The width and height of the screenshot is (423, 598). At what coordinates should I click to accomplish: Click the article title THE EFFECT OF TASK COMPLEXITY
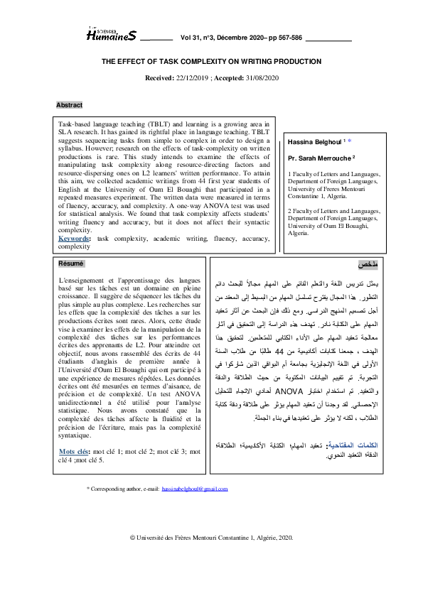click(211, 62)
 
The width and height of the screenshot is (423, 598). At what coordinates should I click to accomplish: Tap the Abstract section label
click(69, 105)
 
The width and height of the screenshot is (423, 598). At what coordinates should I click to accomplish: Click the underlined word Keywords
click(74, 239)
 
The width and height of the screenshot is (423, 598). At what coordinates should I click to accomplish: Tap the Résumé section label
click(70, 263)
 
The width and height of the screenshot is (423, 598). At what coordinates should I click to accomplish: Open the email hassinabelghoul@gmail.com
click(195, 489)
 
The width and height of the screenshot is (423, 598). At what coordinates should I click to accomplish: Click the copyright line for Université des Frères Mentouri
click(211, 539)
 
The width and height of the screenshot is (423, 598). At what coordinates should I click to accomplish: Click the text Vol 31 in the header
click(193, 37)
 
